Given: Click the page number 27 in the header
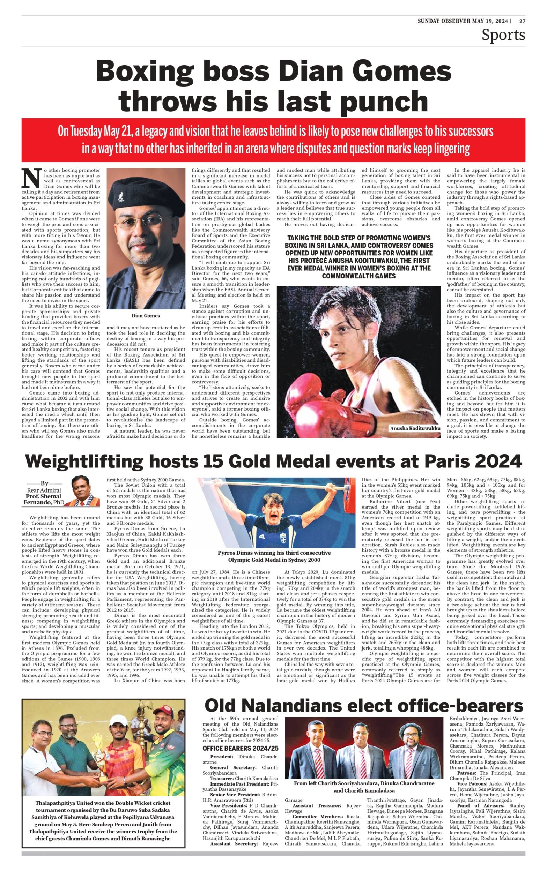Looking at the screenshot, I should [522, 21].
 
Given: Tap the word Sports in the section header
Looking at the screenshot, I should [503, 35].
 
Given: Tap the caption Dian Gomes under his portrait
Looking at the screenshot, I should [146, 316].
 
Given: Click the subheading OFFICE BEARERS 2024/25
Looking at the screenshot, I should [240, 748].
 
